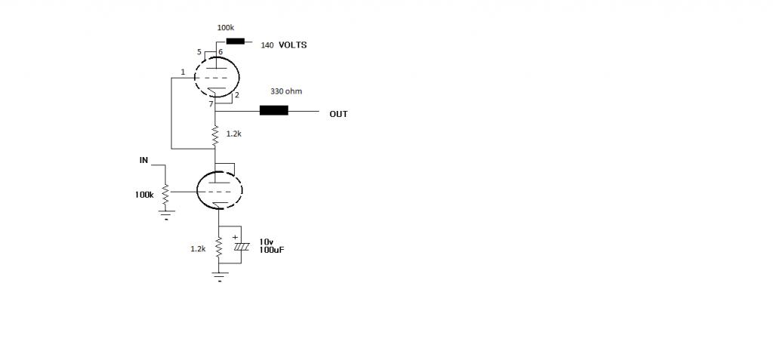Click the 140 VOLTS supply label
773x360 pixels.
(x=284, y=45)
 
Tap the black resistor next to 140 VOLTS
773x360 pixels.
(x=236, y=41)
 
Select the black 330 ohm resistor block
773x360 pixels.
(x=273, y=110)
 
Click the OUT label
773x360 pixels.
(x=339, y=114)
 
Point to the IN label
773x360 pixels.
(x=143, y=160)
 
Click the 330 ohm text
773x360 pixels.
(x=286, y=91)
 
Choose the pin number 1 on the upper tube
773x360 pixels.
(x=183, y=72)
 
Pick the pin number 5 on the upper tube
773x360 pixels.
(x=199, y=52)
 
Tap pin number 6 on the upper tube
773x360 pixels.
(x=220, y=52)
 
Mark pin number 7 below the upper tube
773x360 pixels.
(x=211, y=104)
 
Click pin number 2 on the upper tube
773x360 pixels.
(x=236, y=94)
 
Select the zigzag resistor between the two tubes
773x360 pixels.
(x=215, y=135)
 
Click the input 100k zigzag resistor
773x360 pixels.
(x=166, y=194)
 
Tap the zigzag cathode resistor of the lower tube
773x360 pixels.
(x=218, y=248)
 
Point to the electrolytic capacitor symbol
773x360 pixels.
(x=241, y=245)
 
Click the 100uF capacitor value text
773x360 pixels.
(x=272, y=250)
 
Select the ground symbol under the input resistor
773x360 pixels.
(x=166, y=214)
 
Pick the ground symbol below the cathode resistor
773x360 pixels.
(x=219, y=277)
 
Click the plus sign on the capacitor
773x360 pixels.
(x=235, y=237)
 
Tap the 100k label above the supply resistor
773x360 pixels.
(x=225, y=28)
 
